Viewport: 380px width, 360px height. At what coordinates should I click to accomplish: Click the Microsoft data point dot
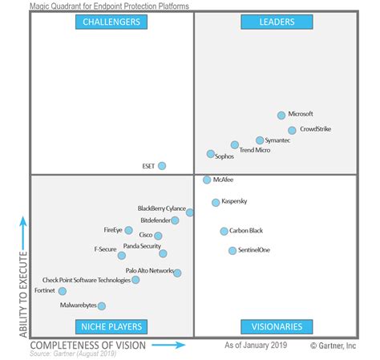coord(281,115)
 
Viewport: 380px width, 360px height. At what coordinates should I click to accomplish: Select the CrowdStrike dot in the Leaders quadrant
coord(292,130)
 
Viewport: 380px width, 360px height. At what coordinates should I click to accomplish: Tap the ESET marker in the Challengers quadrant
coord(162,166)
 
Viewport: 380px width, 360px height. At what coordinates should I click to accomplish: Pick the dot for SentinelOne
coord(232,251)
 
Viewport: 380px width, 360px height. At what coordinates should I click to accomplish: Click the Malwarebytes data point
coord(101,305)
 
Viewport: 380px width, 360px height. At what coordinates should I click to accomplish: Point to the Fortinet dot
coord(63,291)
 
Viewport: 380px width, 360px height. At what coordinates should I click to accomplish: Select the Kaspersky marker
coord(216,203)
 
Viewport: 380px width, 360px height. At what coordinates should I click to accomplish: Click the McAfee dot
coord(207,180)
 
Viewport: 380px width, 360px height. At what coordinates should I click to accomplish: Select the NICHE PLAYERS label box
coord(111,326)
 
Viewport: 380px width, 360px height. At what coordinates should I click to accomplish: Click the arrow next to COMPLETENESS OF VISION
coord(168,346)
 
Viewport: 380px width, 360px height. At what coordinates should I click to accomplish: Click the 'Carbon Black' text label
coord(246,231)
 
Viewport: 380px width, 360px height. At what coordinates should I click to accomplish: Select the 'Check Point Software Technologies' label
coord(86,280)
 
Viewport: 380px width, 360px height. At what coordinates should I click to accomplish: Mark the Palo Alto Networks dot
coord(177,273)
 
